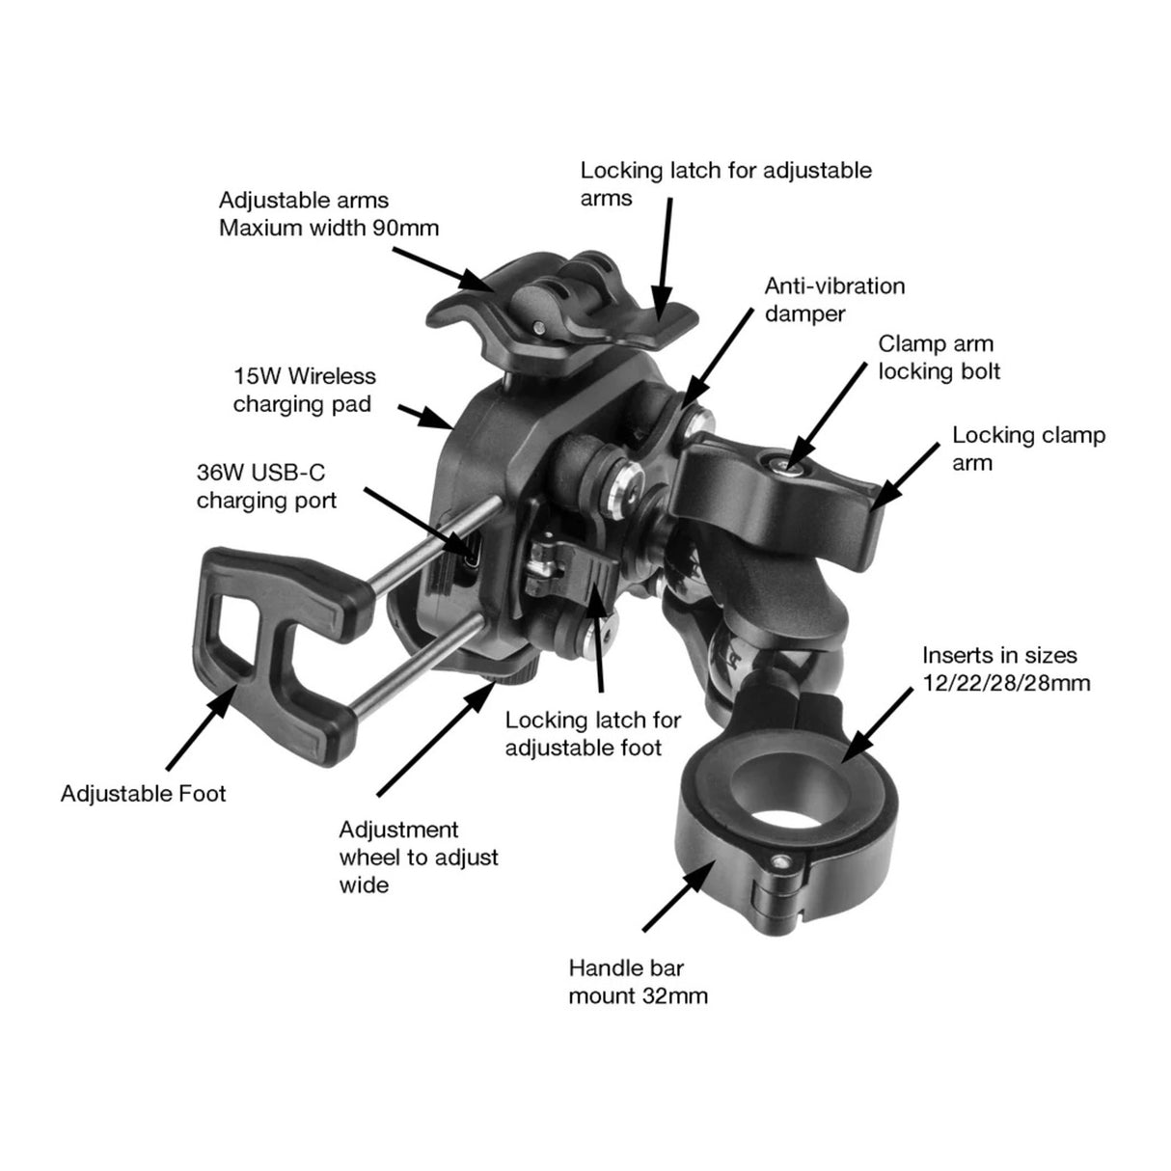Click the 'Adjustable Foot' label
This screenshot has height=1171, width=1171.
pyautogui.click(x=143, y=794)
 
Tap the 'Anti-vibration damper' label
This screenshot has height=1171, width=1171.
pyautogui.click(x=834, y=300)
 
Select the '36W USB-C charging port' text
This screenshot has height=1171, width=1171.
pyautogui.click(x=266, y=486)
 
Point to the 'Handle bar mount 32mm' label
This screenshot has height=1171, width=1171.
pyautogui.click(x=638, y=981)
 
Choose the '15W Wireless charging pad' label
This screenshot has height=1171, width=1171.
pyautogui.click(x=304, y=389)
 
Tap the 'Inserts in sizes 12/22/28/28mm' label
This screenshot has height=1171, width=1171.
pyautogui.click(x=999, y=669)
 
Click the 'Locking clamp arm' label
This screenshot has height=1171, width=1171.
pyautogui.click(x=1028, y=449)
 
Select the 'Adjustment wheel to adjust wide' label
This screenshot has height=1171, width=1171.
pyautogui.click(x=419, y=857)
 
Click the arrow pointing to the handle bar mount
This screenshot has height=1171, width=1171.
pyautogui.click(x=678, y=895)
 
